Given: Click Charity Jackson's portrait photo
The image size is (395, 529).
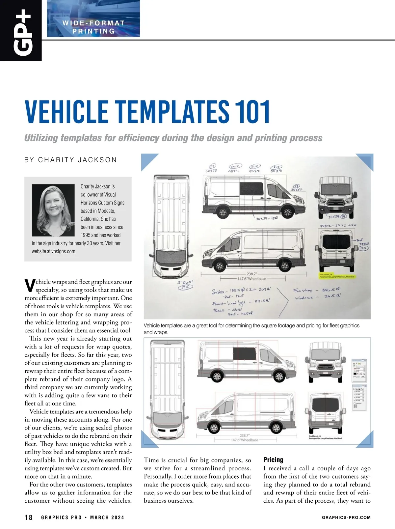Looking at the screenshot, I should [x=53, y=210].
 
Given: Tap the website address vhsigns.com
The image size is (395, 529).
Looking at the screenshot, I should [x=64, y=251].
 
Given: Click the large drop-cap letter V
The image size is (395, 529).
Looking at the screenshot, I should [x=30, y=286].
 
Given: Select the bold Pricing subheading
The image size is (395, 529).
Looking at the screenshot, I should [x=273, y=460].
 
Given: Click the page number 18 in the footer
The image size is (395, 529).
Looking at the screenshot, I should [x=29, y=517].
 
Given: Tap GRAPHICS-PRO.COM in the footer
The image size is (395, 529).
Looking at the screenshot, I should [x=346, y=517].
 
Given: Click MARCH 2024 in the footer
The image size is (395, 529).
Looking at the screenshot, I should [x=107, y=517].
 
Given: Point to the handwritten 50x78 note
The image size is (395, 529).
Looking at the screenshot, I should [x=211, y=171].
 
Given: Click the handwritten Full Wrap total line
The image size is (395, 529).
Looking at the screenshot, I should [x=317, y=291].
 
